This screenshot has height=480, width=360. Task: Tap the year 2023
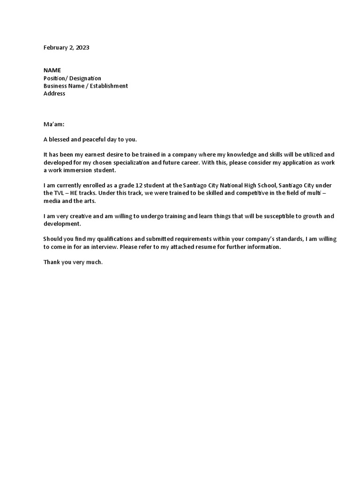pyautogui.click(x=82, y=48)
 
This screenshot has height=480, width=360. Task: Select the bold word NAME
pyautogui.click(x=52, y=70)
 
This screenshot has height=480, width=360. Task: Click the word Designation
pyautogui.click(x=85, y=78)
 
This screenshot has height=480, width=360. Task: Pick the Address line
pyautogui.click(x=54, y=93)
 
